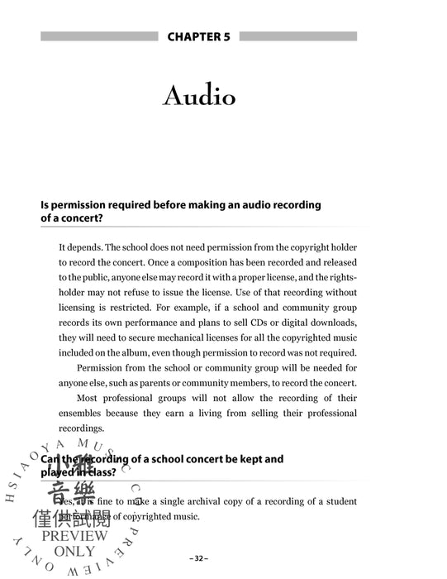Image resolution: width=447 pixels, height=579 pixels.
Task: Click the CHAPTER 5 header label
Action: [x=199, y=36]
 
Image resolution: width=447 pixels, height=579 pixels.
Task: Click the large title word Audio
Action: [x=199, y=96]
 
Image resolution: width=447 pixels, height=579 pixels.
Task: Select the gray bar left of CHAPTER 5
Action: [x=98, y=36]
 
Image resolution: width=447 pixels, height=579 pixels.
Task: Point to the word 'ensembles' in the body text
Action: [x=83, y=414]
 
